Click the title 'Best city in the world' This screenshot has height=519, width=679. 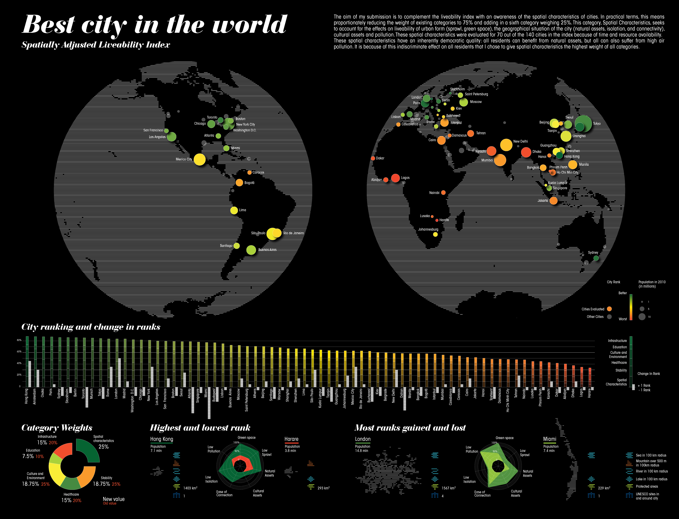[x=154, y=25]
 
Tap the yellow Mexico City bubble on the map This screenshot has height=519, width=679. [x=199, y=159]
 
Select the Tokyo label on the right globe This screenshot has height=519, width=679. [x=597, y=124]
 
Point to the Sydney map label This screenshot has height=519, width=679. [x=593, y=252]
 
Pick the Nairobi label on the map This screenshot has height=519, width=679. [x=434, y=193]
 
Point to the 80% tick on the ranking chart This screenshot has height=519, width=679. [x=19, y=340]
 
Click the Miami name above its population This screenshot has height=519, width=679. [x=550, y=439]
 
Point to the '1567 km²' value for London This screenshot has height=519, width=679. [x=448, y=488]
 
